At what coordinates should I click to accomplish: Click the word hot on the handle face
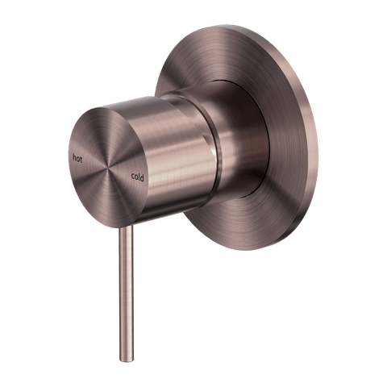(x=77, y=159)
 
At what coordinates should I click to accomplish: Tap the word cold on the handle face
(x=138, y=177)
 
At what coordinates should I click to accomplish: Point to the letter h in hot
(x=74, y=157)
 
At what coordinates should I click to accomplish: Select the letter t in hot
(x=81, y=160)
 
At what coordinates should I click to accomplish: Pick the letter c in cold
(x=133, y=177)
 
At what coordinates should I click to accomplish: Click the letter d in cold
(x=142, y=178)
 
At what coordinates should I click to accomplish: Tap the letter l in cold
(x=139, y=177)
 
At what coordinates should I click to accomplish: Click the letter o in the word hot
(x=77, y=160)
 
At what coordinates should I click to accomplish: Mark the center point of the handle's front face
(x=109, y=167)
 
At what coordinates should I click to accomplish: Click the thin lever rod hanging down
(x=126, y=293)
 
